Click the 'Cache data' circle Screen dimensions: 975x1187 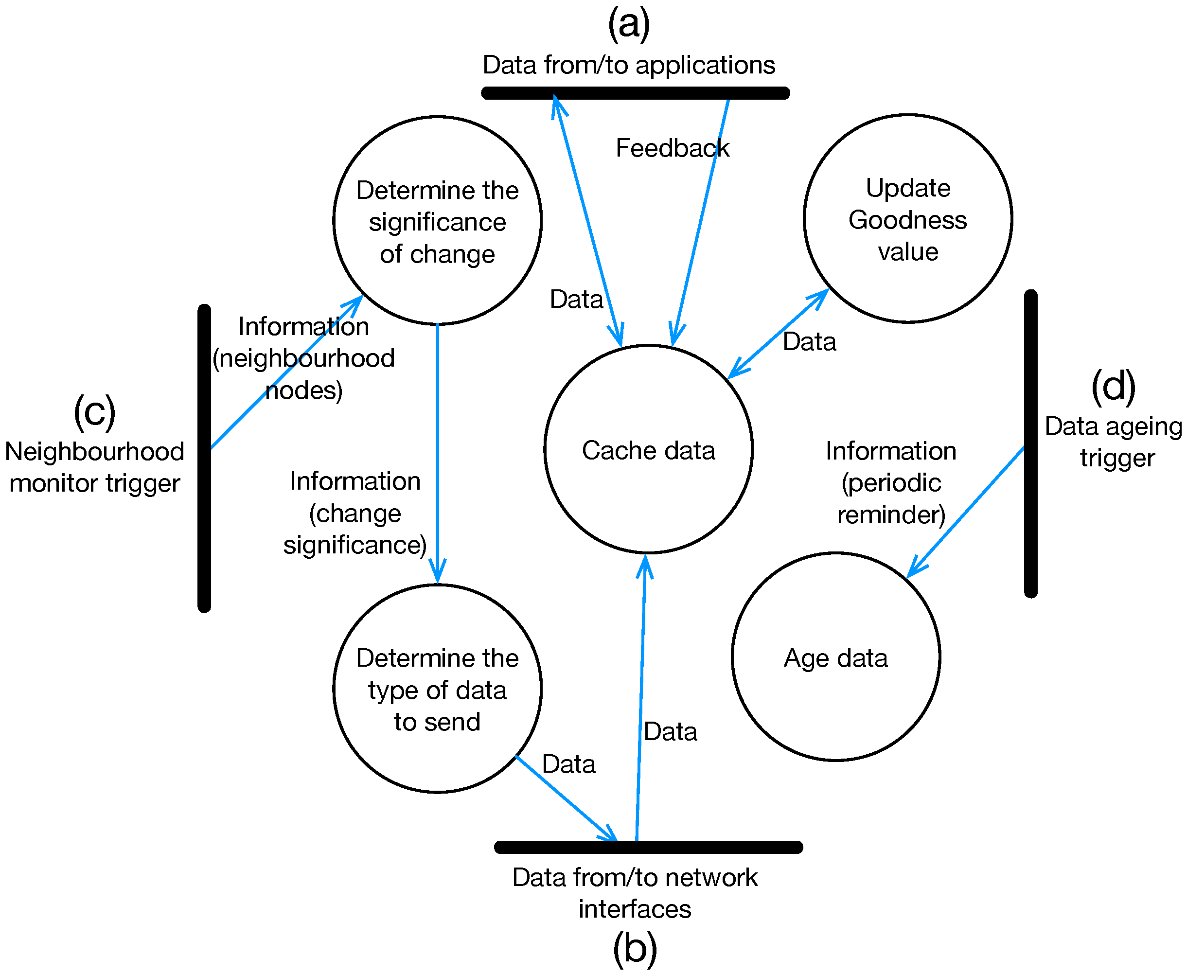(x=648, y=449)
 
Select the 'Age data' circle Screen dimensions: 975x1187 (x=835, y=656)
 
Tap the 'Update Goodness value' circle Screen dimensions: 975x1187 (x=907, y=219)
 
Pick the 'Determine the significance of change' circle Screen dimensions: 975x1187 (x=437, y=221)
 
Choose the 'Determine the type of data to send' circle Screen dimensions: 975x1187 (x=437, y=689)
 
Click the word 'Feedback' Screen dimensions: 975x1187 (x=672, y=148)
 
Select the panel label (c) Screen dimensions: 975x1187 (x=94, y=412)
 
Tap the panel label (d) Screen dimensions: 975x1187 (x=1113, y=387)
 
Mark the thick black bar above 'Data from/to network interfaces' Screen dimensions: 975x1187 (x=648, y=847)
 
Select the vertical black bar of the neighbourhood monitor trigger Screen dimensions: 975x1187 (x=204, y=458)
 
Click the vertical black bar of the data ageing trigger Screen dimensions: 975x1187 (x=1030, y=443)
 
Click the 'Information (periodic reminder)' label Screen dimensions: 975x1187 (x=890, y=483)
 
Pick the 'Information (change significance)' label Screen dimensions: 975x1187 (x=355, y=513)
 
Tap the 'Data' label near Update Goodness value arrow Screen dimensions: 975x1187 (x=809, y=341)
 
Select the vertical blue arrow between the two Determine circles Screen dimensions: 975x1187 (x=437, y=449)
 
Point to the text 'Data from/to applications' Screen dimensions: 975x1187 (x=628, y=65)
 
